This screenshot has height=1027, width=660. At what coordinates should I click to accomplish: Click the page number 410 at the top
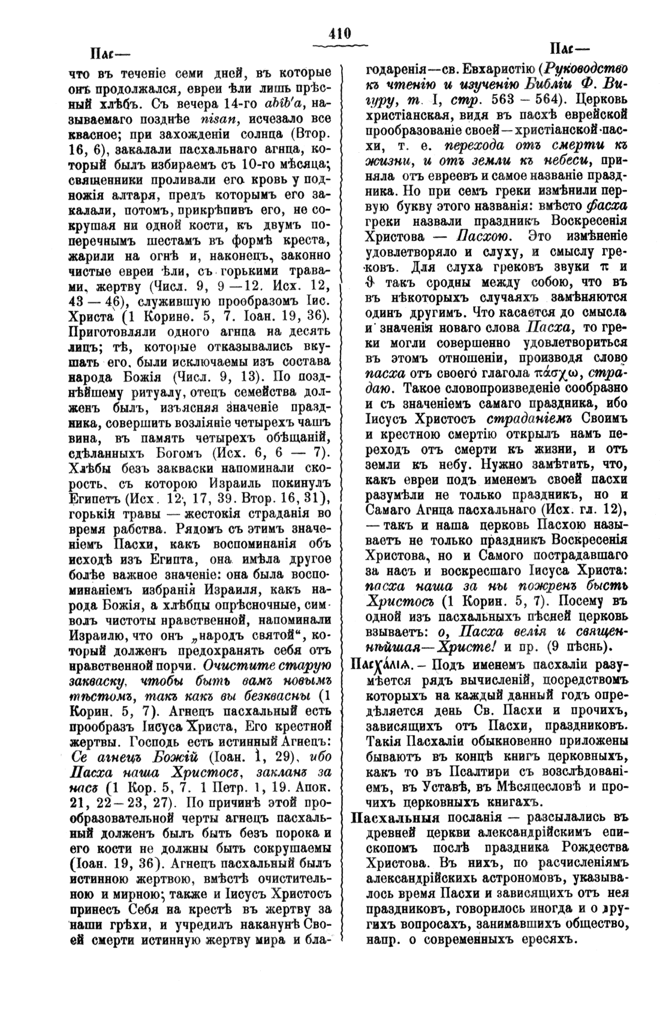[339, 34]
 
